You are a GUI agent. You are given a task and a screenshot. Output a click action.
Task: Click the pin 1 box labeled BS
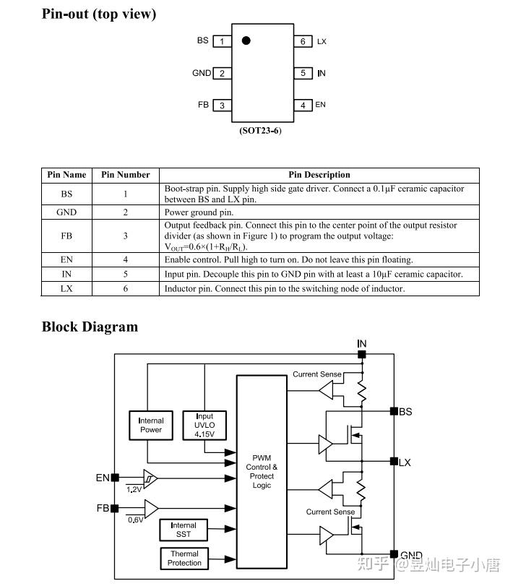coord(222,41)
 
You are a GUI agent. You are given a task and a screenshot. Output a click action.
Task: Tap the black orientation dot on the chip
coord(246,40)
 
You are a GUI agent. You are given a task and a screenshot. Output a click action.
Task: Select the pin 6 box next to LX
coord(303,41)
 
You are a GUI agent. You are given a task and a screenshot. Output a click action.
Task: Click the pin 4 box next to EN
coord(303,105)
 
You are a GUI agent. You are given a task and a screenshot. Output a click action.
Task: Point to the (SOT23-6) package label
coord(260,131)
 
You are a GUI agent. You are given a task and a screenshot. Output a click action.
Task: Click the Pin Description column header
coord(319,175)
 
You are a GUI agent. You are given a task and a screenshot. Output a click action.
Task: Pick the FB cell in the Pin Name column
coord(66,236)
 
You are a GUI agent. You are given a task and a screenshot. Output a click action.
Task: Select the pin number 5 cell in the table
coord(126,274)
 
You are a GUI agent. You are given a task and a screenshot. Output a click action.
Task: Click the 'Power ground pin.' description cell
coord(319,212)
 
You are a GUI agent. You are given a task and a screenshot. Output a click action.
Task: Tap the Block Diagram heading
coord(90,327)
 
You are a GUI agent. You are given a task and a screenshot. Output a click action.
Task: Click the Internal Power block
coord(151,426)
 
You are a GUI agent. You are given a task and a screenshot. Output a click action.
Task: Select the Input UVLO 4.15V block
coord(204,426)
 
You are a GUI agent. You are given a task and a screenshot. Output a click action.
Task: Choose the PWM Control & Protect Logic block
coord(262,472)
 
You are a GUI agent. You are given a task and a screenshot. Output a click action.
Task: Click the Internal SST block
coord(184,530)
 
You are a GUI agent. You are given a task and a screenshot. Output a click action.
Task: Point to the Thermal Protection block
coord(184,559)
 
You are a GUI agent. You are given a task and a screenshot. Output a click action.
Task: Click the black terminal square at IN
coord(362,354)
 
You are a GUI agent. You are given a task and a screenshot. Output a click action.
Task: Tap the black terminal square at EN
coord(115,477)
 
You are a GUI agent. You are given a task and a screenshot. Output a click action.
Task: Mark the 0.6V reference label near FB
coord(136,520)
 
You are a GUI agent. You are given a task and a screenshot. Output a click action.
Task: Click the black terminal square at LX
coord(394,461)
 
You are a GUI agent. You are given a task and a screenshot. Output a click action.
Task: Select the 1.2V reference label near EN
coord(134,489)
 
